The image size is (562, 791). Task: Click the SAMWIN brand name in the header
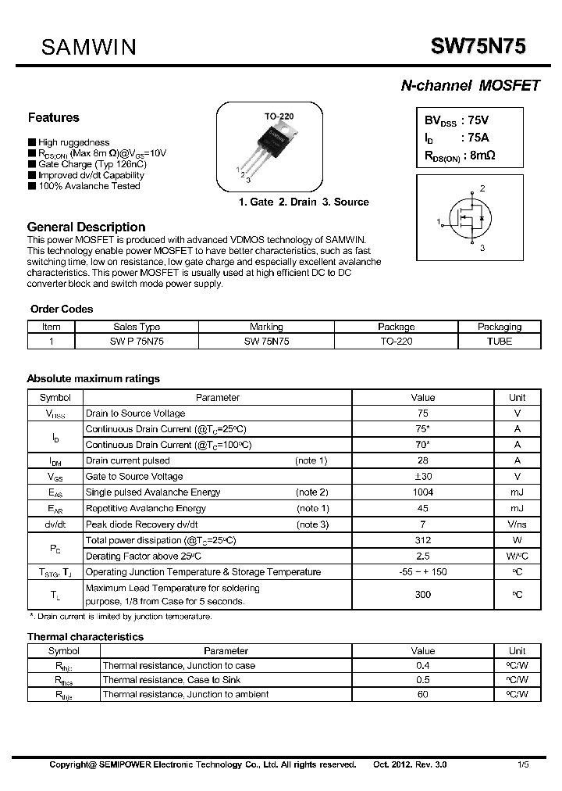pos(89,48)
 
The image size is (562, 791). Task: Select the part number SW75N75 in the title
pos(478,47)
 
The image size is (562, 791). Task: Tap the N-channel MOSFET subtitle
pos(470,86)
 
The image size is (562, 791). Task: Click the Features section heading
pos(53,118)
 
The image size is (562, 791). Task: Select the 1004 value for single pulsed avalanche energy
pos(422,492)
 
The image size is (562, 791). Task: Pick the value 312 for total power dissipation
pos(422,540)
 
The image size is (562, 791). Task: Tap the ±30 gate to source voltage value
pos(422,477)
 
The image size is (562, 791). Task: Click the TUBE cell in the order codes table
pos(499,342)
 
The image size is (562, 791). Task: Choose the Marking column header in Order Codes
pos(266,327)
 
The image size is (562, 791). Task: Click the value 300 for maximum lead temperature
pos(422,595)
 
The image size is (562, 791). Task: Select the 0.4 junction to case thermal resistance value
pos(422,666)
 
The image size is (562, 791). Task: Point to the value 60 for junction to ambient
pos(422,694)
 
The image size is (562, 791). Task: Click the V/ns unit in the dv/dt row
pos(517,524)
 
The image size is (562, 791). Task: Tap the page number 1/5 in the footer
pos(522,764)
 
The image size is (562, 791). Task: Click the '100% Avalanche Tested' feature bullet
pos(88,186)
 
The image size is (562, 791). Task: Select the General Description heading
pos(86,227)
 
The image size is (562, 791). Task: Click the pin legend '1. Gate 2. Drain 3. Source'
pos(303,202)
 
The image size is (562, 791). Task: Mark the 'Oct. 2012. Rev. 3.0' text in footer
pos(410,764)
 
